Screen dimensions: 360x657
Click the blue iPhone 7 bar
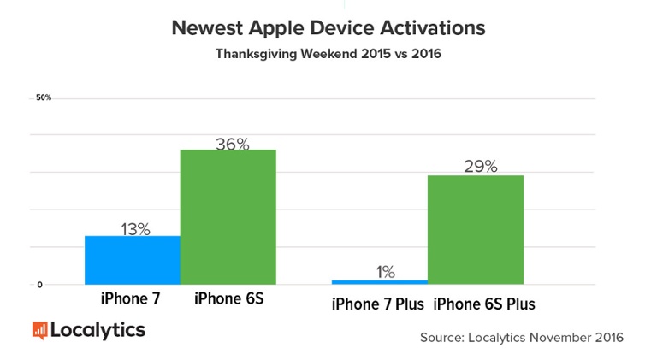(132, 260)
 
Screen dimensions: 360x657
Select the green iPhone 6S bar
(228, 217)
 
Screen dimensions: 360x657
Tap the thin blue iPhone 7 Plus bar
(379, 281)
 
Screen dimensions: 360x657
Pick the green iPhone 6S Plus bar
(475, 229)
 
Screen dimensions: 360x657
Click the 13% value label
(134, 228)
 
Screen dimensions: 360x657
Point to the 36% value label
(232, 145)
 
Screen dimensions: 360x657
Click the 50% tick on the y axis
(44, 98)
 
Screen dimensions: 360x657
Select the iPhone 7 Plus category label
(378, 304)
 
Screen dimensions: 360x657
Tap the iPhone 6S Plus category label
(484, 304)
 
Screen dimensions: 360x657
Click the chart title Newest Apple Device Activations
(328, 28)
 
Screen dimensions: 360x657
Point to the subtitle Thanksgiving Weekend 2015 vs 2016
(328, 53)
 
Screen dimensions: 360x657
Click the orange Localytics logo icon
(39, 330)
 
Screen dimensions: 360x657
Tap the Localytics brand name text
(98, 329)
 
